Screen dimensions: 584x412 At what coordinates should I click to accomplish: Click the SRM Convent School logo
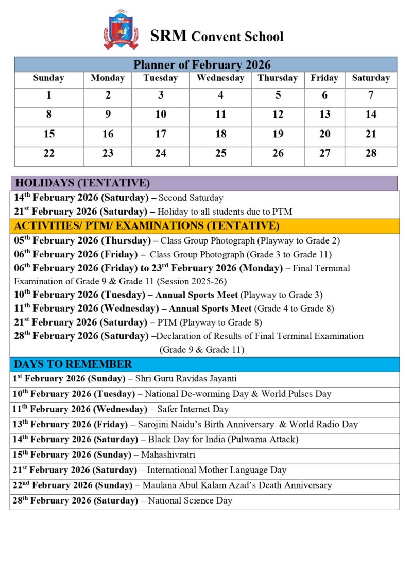121,30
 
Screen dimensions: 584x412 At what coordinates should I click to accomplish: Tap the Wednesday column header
220,78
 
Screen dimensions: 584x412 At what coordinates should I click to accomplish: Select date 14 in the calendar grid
371,115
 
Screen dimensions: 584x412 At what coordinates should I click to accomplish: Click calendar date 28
371,153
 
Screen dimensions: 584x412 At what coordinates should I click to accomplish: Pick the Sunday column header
48,78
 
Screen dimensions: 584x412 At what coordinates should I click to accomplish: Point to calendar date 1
49,95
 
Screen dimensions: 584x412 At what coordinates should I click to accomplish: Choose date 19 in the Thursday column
278,134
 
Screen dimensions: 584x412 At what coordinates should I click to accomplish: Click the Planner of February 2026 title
202,65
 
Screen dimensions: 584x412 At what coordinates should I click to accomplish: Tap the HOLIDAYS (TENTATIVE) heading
83,183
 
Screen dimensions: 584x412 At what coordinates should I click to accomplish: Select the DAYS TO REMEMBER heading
74,364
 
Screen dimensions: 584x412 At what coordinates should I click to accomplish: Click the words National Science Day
190,500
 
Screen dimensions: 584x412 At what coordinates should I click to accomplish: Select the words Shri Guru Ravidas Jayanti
186,379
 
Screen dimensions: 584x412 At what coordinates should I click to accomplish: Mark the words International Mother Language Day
217,470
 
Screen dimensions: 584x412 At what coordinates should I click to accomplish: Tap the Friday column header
324,78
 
